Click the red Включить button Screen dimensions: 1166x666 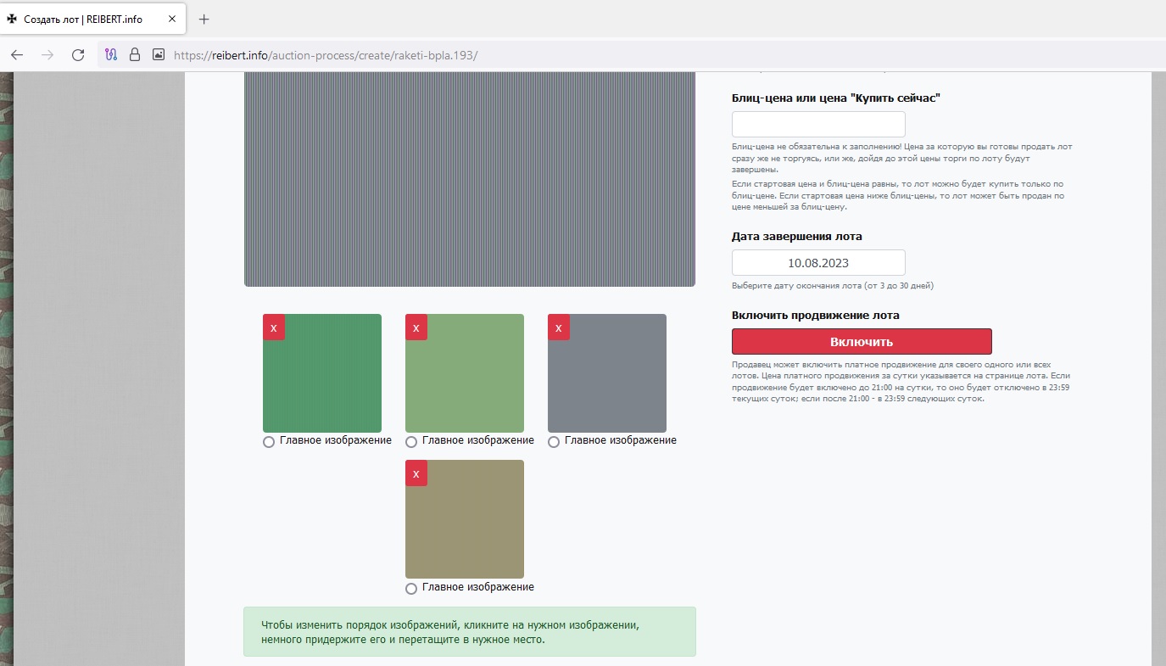coord(862,342)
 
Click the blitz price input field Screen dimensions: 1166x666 coord(818,125)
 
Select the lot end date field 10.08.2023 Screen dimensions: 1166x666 coord(818,262)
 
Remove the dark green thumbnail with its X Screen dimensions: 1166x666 coord(274,327)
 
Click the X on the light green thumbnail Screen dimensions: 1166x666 coord(416,327)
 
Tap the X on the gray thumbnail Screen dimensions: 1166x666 coord(559,327)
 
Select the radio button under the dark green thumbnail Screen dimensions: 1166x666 coord(269,442)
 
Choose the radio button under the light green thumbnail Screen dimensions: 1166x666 coord(411,442)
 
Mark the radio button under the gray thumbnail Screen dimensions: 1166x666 coord(554,442)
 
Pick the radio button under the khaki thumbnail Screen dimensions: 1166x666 coord(411,589)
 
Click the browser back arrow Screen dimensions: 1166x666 coord(17,54)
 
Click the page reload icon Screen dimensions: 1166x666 coord(78,54)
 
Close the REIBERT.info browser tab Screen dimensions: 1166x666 coord(172,20)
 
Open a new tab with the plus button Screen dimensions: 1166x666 coord(204,20)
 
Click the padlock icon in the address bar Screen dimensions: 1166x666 coord(135,54)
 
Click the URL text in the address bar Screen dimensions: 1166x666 coord(326,55)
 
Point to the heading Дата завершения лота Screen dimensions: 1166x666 coord(796,237)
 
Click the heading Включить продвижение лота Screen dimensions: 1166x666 coord(815,315)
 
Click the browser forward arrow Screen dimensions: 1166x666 coord(47,54)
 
